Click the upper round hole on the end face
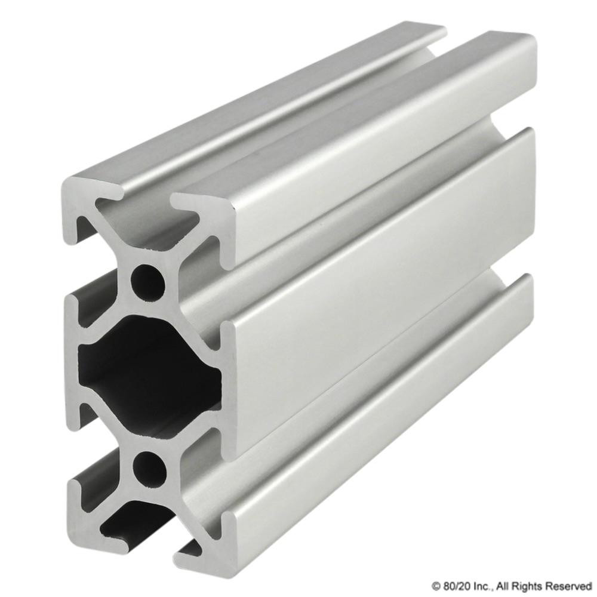[147, 279]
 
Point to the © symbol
[436, 585]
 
